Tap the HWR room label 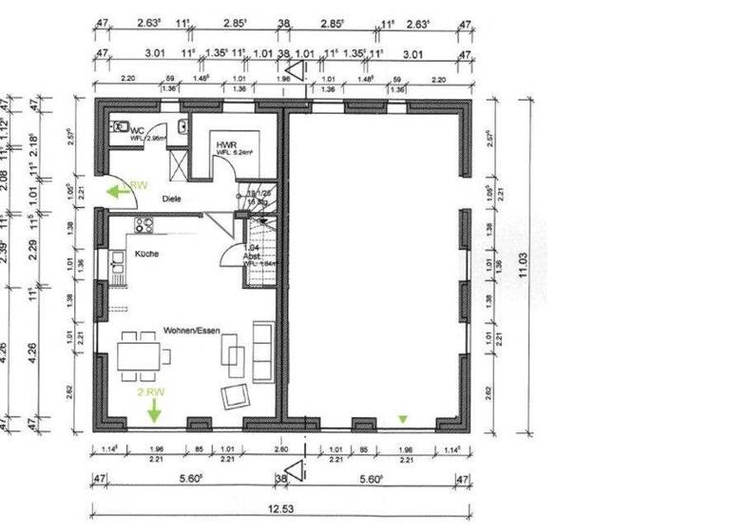click(x=225, y=143)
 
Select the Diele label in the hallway click(x=171, y=199)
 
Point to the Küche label click(x=146, y=254)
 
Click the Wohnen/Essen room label click(x=191, y=330)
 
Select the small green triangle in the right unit click(x=403, y=417)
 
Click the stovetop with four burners click(x=144, y=225)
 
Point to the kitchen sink click(x=117, y=261)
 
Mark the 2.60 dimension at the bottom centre click(x=281, y=448)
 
